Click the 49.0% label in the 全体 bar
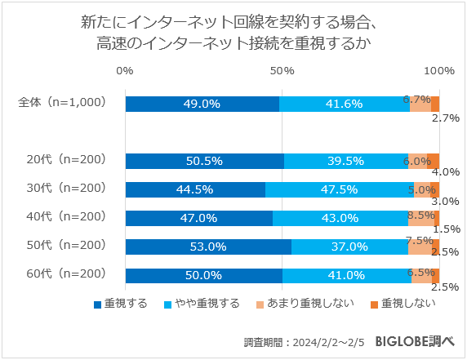[x=202, y=104]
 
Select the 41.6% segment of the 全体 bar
[x=344, y=104]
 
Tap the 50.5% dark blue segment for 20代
[x=205, y=161]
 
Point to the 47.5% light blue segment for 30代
[x=339, y=189]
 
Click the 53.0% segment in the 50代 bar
[x=208, y=247]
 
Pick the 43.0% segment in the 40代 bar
[x=340, y=218]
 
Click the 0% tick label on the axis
[x=125, y=72]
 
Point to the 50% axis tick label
[x=282, y=72]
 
